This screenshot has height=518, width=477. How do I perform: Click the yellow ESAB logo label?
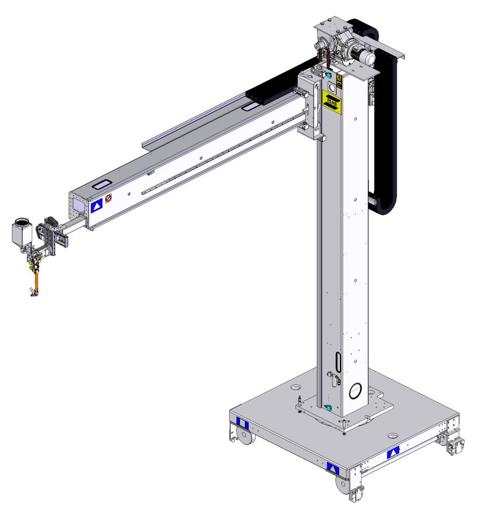coord(332,102)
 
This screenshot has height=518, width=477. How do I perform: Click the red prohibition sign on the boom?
coord(108,198)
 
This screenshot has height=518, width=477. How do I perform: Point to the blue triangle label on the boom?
coord(96,206)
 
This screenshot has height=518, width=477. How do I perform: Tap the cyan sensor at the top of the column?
coord(328,75)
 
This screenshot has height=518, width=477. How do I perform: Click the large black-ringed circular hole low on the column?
coord(355,391)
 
